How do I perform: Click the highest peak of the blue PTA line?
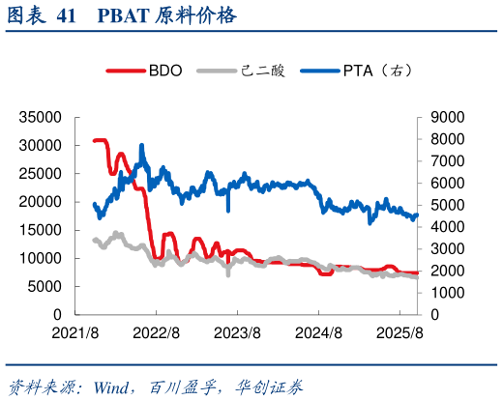(x=142, y=146)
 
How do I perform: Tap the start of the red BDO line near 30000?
(x=95, y=141)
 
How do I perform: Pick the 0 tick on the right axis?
(x=433, y=315)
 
